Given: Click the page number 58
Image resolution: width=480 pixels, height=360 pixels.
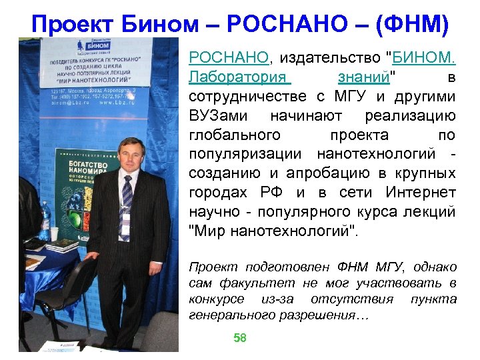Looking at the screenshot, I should point(240,339).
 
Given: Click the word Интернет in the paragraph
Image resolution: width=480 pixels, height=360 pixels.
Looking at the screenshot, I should point(421,193).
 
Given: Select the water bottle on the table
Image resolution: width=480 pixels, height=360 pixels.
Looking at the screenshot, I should point(45,221).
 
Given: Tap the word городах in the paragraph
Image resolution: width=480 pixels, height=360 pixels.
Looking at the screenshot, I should point(214,193).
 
